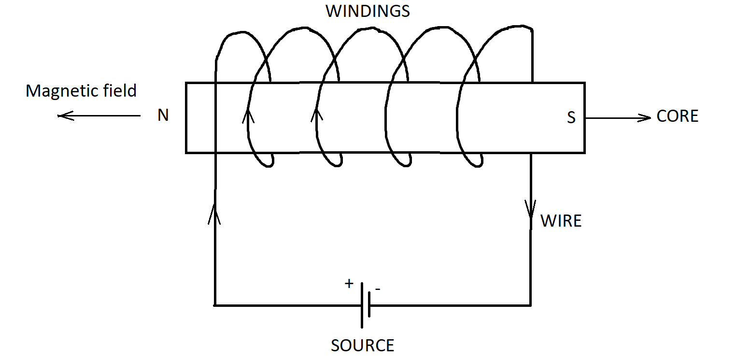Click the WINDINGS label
tap(368, 11)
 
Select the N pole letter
tap(163, 116)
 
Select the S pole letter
tap(571, 118)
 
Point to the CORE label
tap(677, 116)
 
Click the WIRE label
tap(561, 221)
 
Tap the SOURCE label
tap(362, 346)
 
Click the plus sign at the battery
tap(349, 284)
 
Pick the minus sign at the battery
tap(378, 289)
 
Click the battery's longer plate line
tap(362, 305)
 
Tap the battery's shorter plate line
tap(369, 305)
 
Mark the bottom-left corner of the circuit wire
tap(214, 305)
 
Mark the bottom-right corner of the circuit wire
tap(531, 305)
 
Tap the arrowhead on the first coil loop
tap(248, 115)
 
